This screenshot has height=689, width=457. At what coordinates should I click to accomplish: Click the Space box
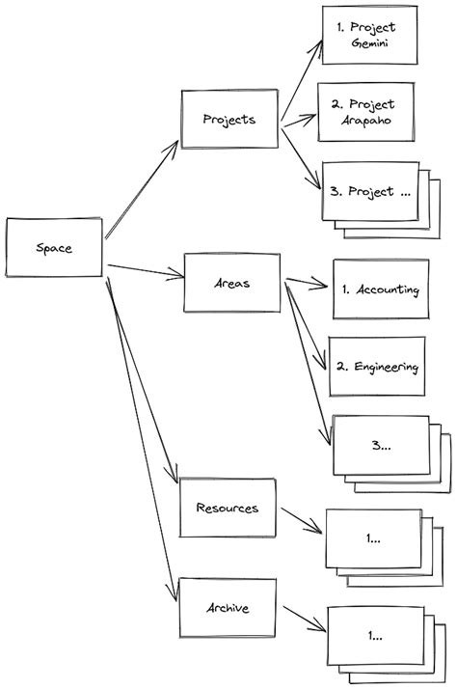[x=54, y=248]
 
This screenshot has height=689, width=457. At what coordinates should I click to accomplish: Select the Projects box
[x=229, y=120]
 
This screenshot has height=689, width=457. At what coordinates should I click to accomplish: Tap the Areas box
[x=231, y=284]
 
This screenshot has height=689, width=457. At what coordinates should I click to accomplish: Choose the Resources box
[x=227, y=508]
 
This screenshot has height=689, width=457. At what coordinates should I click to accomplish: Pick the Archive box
[x=228, y=608]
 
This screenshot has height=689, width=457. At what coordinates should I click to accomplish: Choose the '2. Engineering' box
[x=378, y=367]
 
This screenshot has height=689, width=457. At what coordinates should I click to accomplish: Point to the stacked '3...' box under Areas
[x=380, y=445]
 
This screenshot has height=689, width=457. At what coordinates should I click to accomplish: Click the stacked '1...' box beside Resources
[x=372, y=538]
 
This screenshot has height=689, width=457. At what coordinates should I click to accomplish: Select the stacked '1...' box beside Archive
[x=374, y=636]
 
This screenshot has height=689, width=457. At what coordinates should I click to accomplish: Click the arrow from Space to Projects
[x=142, y=187]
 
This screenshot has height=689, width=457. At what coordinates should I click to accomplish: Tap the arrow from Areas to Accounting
[x=307, y=285]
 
